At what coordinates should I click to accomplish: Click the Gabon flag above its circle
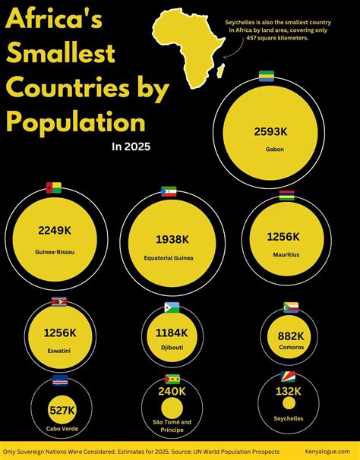267,76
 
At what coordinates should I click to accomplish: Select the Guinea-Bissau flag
54,188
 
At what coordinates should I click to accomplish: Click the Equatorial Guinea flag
169,192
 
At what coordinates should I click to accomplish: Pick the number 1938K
173,239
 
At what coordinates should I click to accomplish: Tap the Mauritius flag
286,196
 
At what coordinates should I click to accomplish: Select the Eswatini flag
58,302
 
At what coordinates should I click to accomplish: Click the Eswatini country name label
58,351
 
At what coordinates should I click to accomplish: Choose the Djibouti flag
172,307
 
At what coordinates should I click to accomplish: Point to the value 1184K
172,332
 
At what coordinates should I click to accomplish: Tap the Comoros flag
291,307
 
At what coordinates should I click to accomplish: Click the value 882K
290,336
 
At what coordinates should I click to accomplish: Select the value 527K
62,411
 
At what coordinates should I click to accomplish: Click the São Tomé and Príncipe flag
172,379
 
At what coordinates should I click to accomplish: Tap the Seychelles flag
289,377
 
